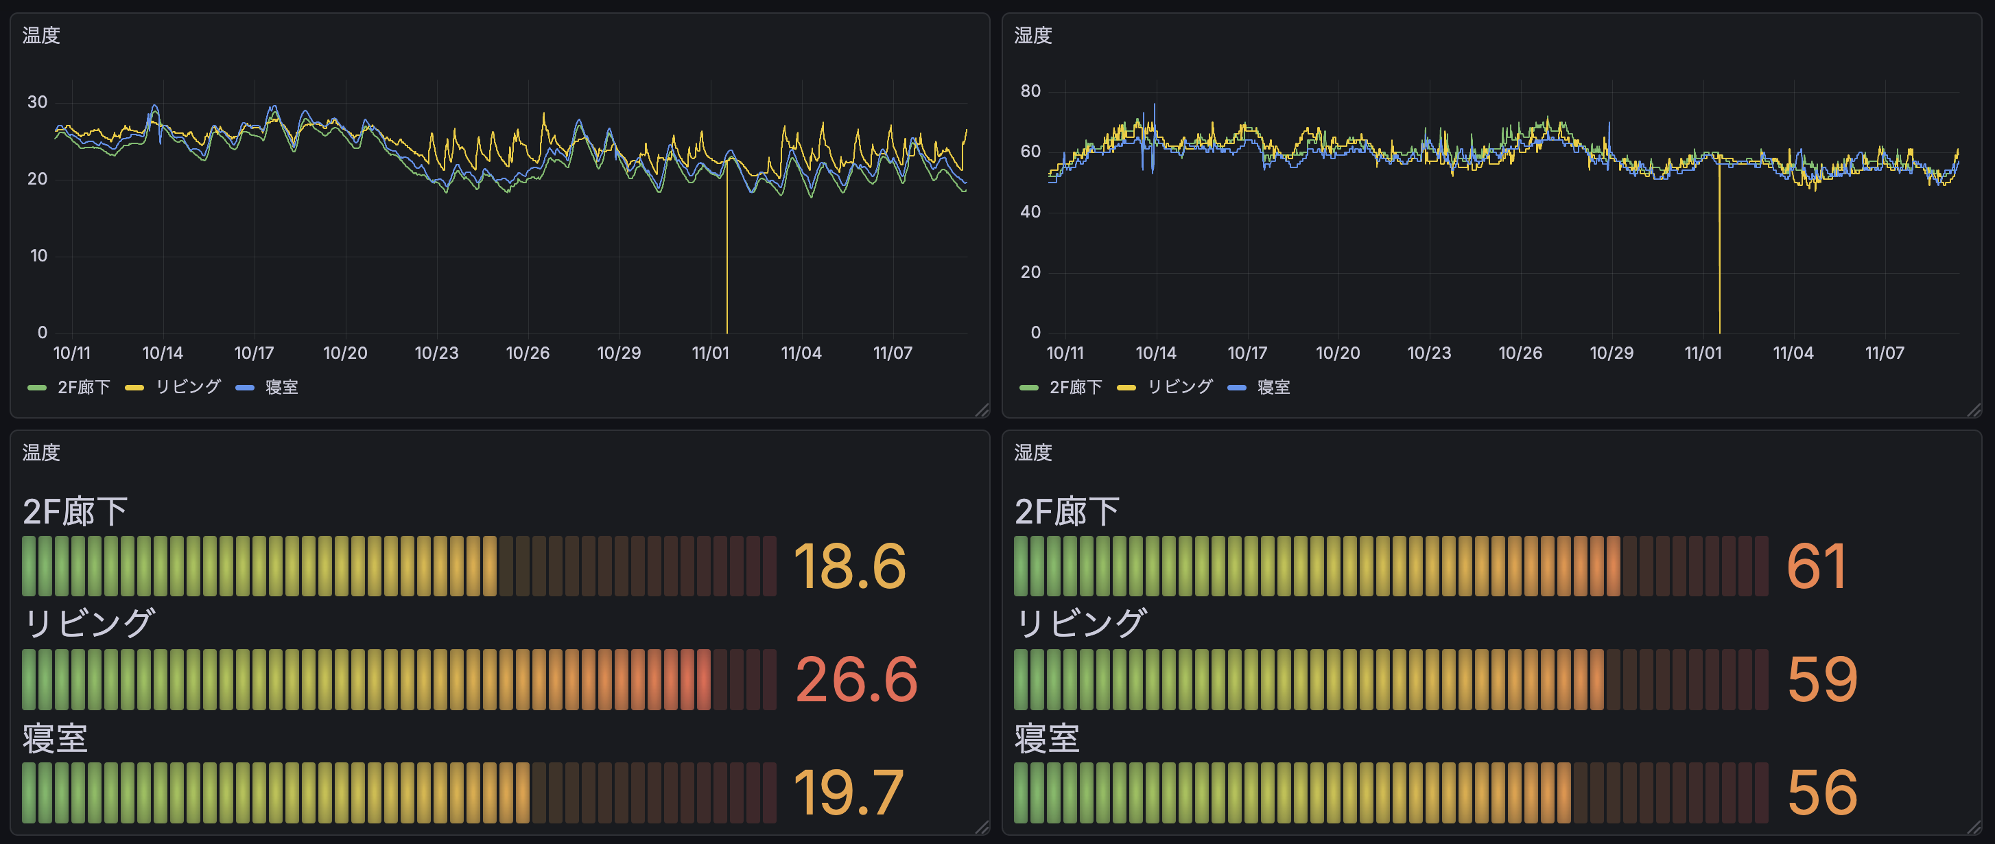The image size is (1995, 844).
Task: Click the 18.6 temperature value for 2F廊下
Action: pos(849,567)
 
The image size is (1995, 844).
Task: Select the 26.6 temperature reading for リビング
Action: pos(855,680)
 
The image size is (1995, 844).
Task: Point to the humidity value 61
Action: pos(1816,567)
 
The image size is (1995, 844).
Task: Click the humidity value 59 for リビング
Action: pos(1821,680)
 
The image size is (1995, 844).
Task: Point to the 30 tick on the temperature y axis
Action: pos(37,102)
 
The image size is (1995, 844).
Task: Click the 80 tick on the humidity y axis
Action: pos(1030,91)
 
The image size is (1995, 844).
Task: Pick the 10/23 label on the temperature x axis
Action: pos(436,353)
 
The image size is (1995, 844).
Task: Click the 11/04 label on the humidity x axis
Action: pos(1793,353)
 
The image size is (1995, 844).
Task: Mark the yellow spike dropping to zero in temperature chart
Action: pos(727,255)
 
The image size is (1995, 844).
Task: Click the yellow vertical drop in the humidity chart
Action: pos(1719,255)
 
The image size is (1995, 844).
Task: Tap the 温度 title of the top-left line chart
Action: pos(41,36)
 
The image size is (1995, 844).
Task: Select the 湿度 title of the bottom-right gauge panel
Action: pos(1033,452)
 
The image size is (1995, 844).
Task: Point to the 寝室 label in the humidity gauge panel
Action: pos(1046,738)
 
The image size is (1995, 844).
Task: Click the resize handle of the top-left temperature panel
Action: pos(982,410)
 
